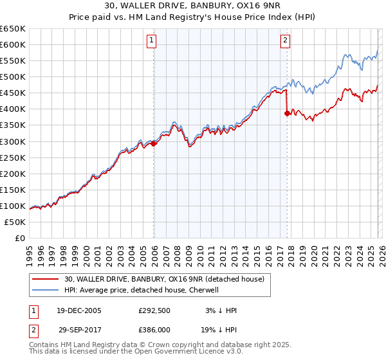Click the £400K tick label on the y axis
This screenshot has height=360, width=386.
click(13, 109)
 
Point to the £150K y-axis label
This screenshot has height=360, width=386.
click(13, 190)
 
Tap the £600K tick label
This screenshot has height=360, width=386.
click(13, 44)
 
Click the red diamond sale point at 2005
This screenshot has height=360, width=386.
click(154, 144)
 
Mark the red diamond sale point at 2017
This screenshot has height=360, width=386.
click(287, 114)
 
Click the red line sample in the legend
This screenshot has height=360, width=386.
click(46, 279)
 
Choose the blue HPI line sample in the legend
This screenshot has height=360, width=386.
click(46, 290)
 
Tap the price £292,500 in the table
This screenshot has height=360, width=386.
click(156, 310)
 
